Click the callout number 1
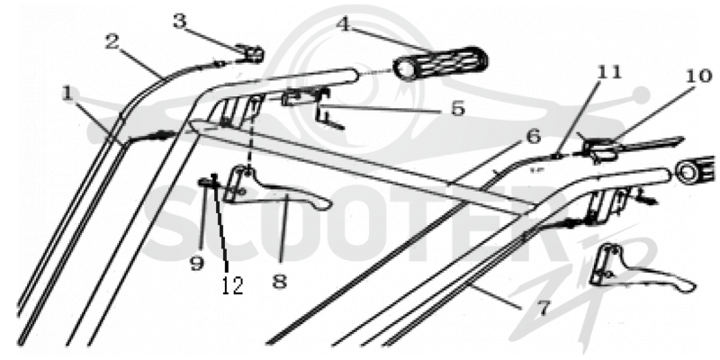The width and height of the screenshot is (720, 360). click(68, 94)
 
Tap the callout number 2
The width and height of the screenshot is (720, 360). click(112, 42)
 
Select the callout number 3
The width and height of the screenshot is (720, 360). click(181, 22)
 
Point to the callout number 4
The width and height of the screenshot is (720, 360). click(345, 24)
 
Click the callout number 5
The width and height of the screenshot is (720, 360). click(457, 109)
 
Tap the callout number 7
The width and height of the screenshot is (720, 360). click(544, 308)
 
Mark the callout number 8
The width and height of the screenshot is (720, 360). click(279, 281)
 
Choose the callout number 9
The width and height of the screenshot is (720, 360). click(197, 263)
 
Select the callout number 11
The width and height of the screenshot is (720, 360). click(609, 71)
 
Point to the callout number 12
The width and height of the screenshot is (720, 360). click(232, 285)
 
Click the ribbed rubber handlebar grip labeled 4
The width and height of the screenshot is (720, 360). click(440, 63)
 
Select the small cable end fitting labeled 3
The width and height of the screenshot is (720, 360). click(249, 55)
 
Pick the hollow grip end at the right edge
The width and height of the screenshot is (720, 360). click(695, 170)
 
